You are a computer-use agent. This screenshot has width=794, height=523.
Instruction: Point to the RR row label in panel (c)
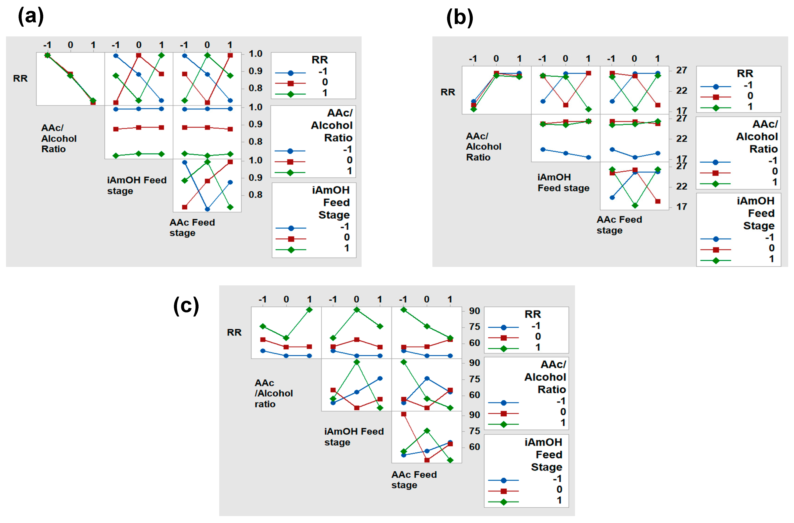pos(234,332)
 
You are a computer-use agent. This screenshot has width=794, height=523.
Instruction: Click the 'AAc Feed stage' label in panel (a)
pos(192,228)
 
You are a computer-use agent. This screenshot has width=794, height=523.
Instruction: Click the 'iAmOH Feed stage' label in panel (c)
pos(354,437)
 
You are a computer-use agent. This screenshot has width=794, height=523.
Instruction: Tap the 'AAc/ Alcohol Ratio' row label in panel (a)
pos(59,138)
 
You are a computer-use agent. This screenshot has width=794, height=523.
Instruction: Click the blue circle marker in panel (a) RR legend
pos(290,73)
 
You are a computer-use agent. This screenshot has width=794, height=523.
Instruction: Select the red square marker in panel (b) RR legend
pos(715,97)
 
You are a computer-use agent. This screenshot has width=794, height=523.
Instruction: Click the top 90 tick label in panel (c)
pos(474,311)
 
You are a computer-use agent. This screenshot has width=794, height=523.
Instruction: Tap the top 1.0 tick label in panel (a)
pos(255,54)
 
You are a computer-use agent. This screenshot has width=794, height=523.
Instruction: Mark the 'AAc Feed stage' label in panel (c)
pos(414,480)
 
